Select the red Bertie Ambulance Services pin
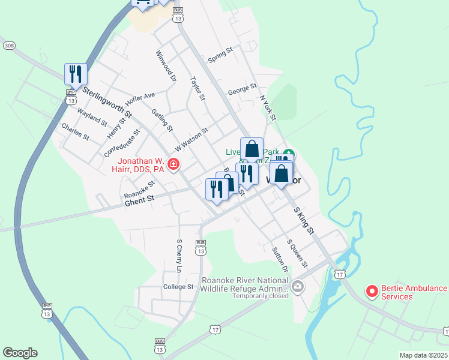click(372, 292)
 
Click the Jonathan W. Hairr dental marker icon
click(173, 164)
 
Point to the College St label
click(178, 287)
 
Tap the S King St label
click(304, 220)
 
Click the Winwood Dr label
click(166, 65)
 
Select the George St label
click(242, 91)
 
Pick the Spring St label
click(220, 56)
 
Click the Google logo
click(20, 353)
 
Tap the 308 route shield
click(9, 46)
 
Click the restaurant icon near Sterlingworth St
click(76, 74)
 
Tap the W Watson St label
click(191, 139)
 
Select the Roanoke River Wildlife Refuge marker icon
click(298, 287)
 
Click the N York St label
click(267, 107)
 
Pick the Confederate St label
click(122, 142)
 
